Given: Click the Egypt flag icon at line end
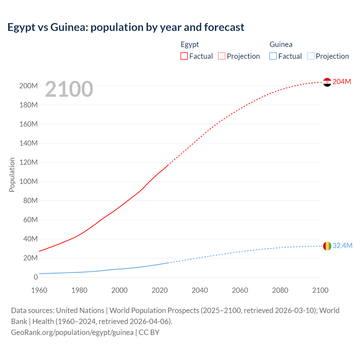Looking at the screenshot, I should pyautogui.click(x=327, y=82).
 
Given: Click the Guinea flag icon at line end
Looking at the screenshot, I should pyautogui.click(x=327, y=246).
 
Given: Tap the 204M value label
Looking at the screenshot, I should pyautogui.click(x=342, y=82).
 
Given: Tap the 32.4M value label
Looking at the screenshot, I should pyautogui.click(x=342, y=246).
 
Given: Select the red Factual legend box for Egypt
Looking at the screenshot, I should pyautogui.click(x=184, y=56).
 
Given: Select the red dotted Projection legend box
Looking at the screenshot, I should pyautogui.click(x=222, y=56).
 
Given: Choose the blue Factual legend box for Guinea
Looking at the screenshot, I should pyautogui.click(x=273, y=56).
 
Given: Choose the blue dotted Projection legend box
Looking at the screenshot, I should pyautogui.click(x=311, y=56).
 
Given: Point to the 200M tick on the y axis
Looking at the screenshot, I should pyautogui.click(x=28, y=86).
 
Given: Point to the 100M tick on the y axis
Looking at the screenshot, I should pyautogui.click(x=28, y=181).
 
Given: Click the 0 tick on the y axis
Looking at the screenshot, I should pyautogui.click(x=35, y=277).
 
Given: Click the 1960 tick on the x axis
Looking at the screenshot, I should pyautogui.click(x=39, y=290).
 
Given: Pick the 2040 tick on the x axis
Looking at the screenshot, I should pyautogui.click(x=200, y=290).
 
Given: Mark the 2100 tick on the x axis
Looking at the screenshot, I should pyautogui.click(x=320, y=290).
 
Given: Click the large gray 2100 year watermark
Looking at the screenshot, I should pyautogui.click(x=69, y=89).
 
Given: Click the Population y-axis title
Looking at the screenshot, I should pyautogui.click(x=12, y=175).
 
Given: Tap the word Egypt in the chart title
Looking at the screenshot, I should pyautogui.click(x=21, y=27).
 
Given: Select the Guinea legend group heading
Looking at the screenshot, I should pyautogui.click(x=281, y=44).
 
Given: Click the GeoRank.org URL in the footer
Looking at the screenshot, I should pyautogui.click(x=72, y=332).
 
